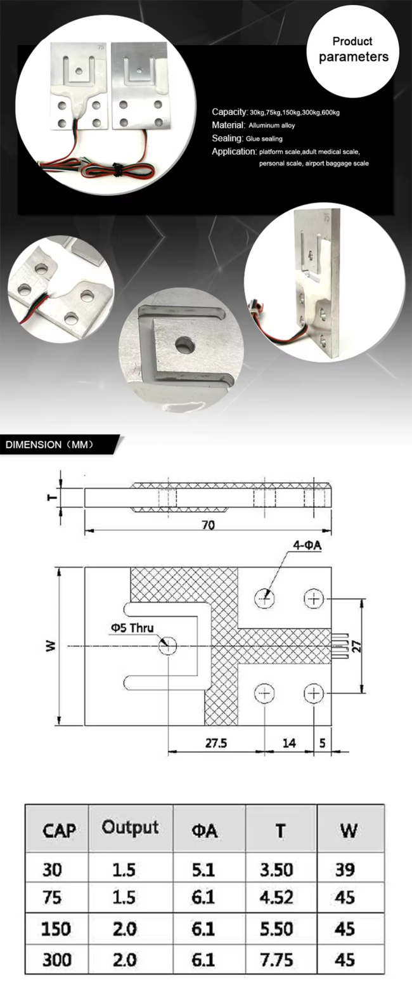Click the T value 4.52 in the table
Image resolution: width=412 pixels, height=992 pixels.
(276, 897)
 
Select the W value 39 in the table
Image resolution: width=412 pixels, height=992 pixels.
(345, 870)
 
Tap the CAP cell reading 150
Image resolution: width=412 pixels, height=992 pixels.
(56, 929)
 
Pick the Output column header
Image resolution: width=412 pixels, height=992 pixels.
(130, 827)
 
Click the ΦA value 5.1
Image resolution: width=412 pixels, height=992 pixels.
(203, 870)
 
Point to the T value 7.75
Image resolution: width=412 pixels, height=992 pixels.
(276, 960)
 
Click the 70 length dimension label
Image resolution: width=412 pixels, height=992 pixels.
(208, 525)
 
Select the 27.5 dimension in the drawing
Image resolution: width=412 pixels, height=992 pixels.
(216, 743)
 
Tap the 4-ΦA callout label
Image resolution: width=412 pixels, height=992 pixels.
(307, 545)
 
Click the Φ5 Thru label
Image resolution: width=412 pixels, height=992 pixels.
(132, 627)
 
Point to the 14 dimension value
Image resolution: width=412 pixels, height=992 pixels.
(289, 743)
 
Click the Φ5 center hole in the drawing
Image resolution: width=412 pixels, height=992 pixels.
(167, 646)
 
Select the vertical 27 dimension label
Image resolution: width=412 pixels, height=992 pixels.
(357, 646)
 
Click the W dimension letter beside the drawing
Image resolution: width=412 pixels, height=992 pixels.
(51, 646)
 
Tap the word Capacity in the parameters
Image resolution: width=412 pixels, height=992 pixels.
(229, 112)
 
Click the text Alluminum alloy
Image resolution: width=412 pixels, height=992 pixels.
(272, 126)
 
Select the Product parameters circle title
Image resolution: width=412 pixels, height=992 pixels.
(353, 49)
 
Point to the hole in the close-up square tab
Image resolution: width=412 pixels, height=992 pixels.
(185, 344)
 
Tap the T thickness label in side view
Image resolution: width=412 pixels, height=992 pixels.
(52, 497)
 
